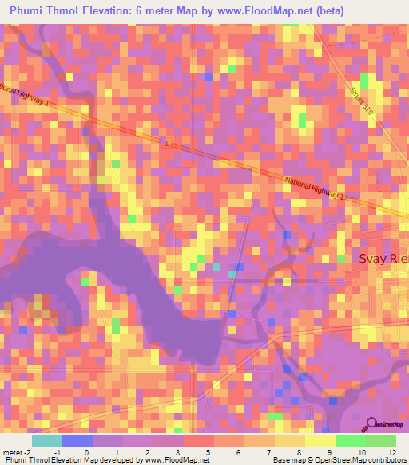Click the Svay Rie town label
[x=382, y=260]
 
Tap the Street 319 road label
[x=359, y=104]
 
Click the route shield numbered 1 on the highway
[x=167, y=143]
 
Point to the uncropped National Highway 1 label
[x=314, y=189]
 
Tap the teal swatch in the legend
[x=47, y=440]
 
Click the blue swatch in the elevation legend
[x=77, y=440]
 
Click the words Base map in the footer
[x=287, y=460]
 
